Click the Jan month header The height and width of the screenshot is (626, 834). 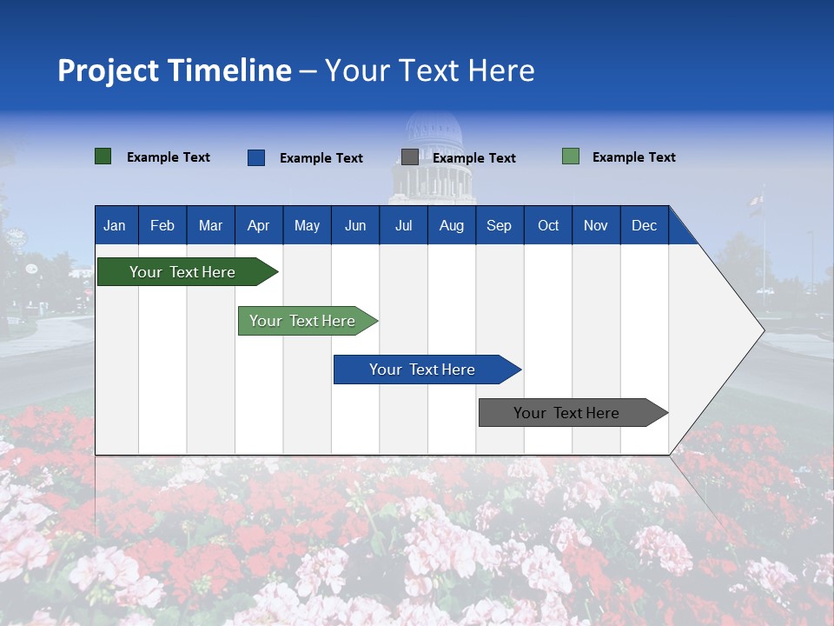pos(115,226)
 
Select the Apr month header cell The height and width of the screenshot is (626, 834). pos(258,226)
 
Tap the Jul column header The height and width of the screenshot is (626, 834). pos(403,226)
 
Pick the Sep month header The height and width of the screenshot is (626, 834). pos(499,226)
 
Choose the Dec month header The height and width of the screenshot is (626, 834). pos(644,226)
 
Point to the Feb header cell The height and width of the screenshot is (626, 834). pos(162,226)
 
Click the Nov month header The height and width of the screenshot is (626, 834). pos(595,226)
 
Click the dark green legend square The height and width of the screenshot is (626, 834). pos(103,156)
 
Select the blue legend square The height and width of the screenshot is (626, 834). pos(256,157)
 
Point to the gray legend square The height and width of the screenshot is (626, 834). pos(410,157)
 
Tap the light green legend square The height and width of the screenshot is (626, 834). pos(571,156)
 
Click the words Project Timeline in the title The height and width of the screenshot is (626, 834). pos(175,70)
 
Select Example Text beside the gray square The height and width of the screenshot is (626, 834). pos(473,158)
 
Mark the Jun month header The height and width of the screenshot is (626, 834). pos(354,226)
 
